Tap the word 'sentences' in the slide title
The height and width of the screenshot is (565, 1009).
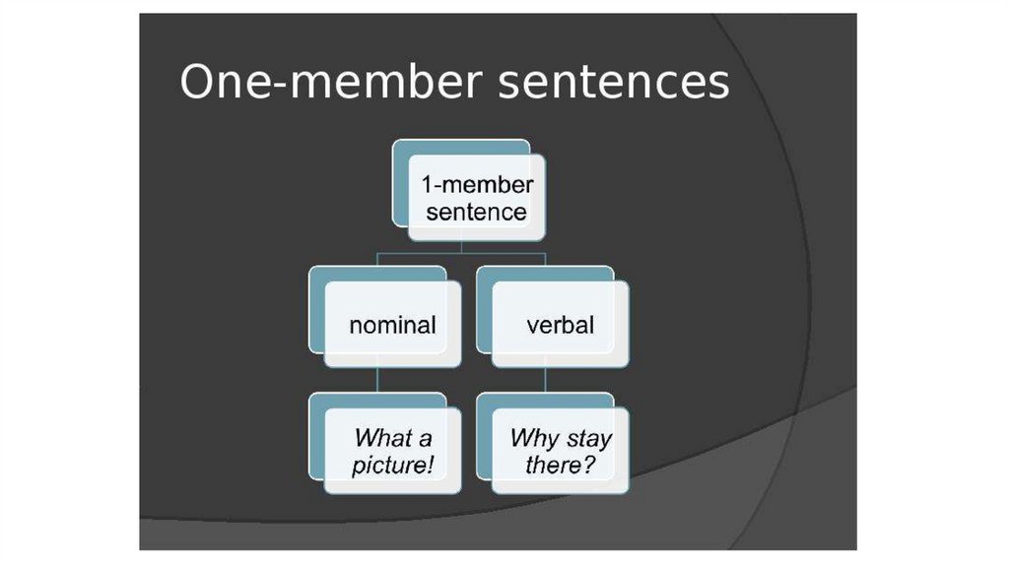click(x=613, y=82)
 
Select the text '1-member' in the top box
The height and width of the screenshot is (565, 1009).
click(x=477, y=184)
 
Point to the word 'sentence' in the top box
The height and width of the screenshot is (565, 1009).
click(x=477, y=212)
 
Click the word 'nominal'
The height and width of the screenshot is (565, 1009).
click(x=392, y=325)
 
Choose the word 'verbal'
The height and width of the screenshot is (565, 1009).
click(x=560, y=325)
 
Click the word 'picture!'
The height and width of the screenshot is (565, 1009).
click(x=392, y=465)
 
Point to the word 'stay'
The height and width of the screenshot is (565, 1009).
click(x=587, y=438)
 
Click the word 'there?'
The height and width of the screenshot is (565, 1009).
click(x=560, y=465)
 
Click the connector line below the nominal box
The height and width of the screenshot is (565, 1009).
click(x=378, y=380)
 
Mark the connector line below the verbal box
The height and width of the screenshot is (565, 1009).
click(x=546, y=380)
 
